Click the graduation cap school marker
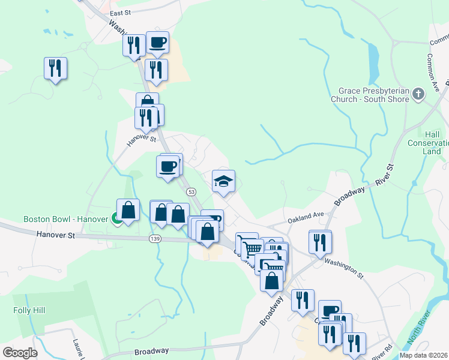click(x=224, y=181)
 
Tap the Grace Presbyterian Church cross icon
click(x=418, y=94)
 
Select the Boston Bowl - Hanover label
click(x=66, y=219)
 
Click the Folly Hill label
click(x=29, y=310)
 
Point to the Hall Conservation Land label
click(x=429, y=143)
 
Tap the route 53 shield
click(x=191, y=191)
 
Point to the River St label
click(x=383, y=176)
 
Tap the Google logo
click(x=20, y=352)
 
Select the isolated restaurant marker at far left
click(x=55, y=68)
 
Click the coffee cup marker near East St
click(x=158, y=42)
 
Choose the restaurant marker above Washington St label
click(x=320, y=241)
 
